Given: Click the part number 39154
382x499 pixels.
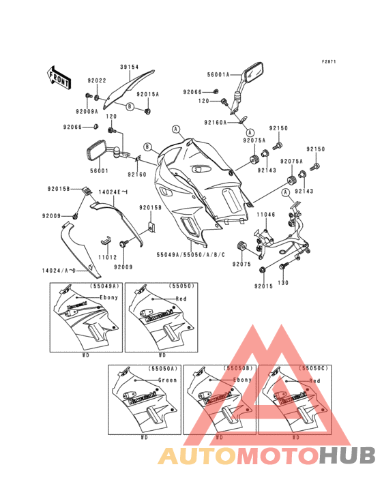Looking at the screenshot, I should pos(130,67).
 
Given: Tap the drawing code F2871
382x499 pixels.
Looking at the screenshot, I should pos(329,61).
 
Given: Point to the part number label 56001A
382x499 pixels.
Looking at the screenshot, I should pos(219,73).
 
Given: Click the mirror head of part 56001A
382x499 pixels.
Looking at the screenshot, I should pos(252,70).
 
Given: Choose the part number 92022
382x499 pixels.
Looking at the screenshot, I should pos(97,80).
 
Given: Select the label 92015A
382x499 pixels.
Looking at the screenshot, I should pos(147,94).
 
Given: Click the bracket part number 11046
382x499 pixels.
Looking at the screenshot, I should pos(265,214).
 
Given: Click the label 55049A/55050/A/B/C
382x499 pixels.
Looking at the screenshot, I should pos(194,252).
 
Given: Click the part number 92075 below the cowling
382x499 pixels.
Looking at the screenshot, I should pos(241,263).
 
